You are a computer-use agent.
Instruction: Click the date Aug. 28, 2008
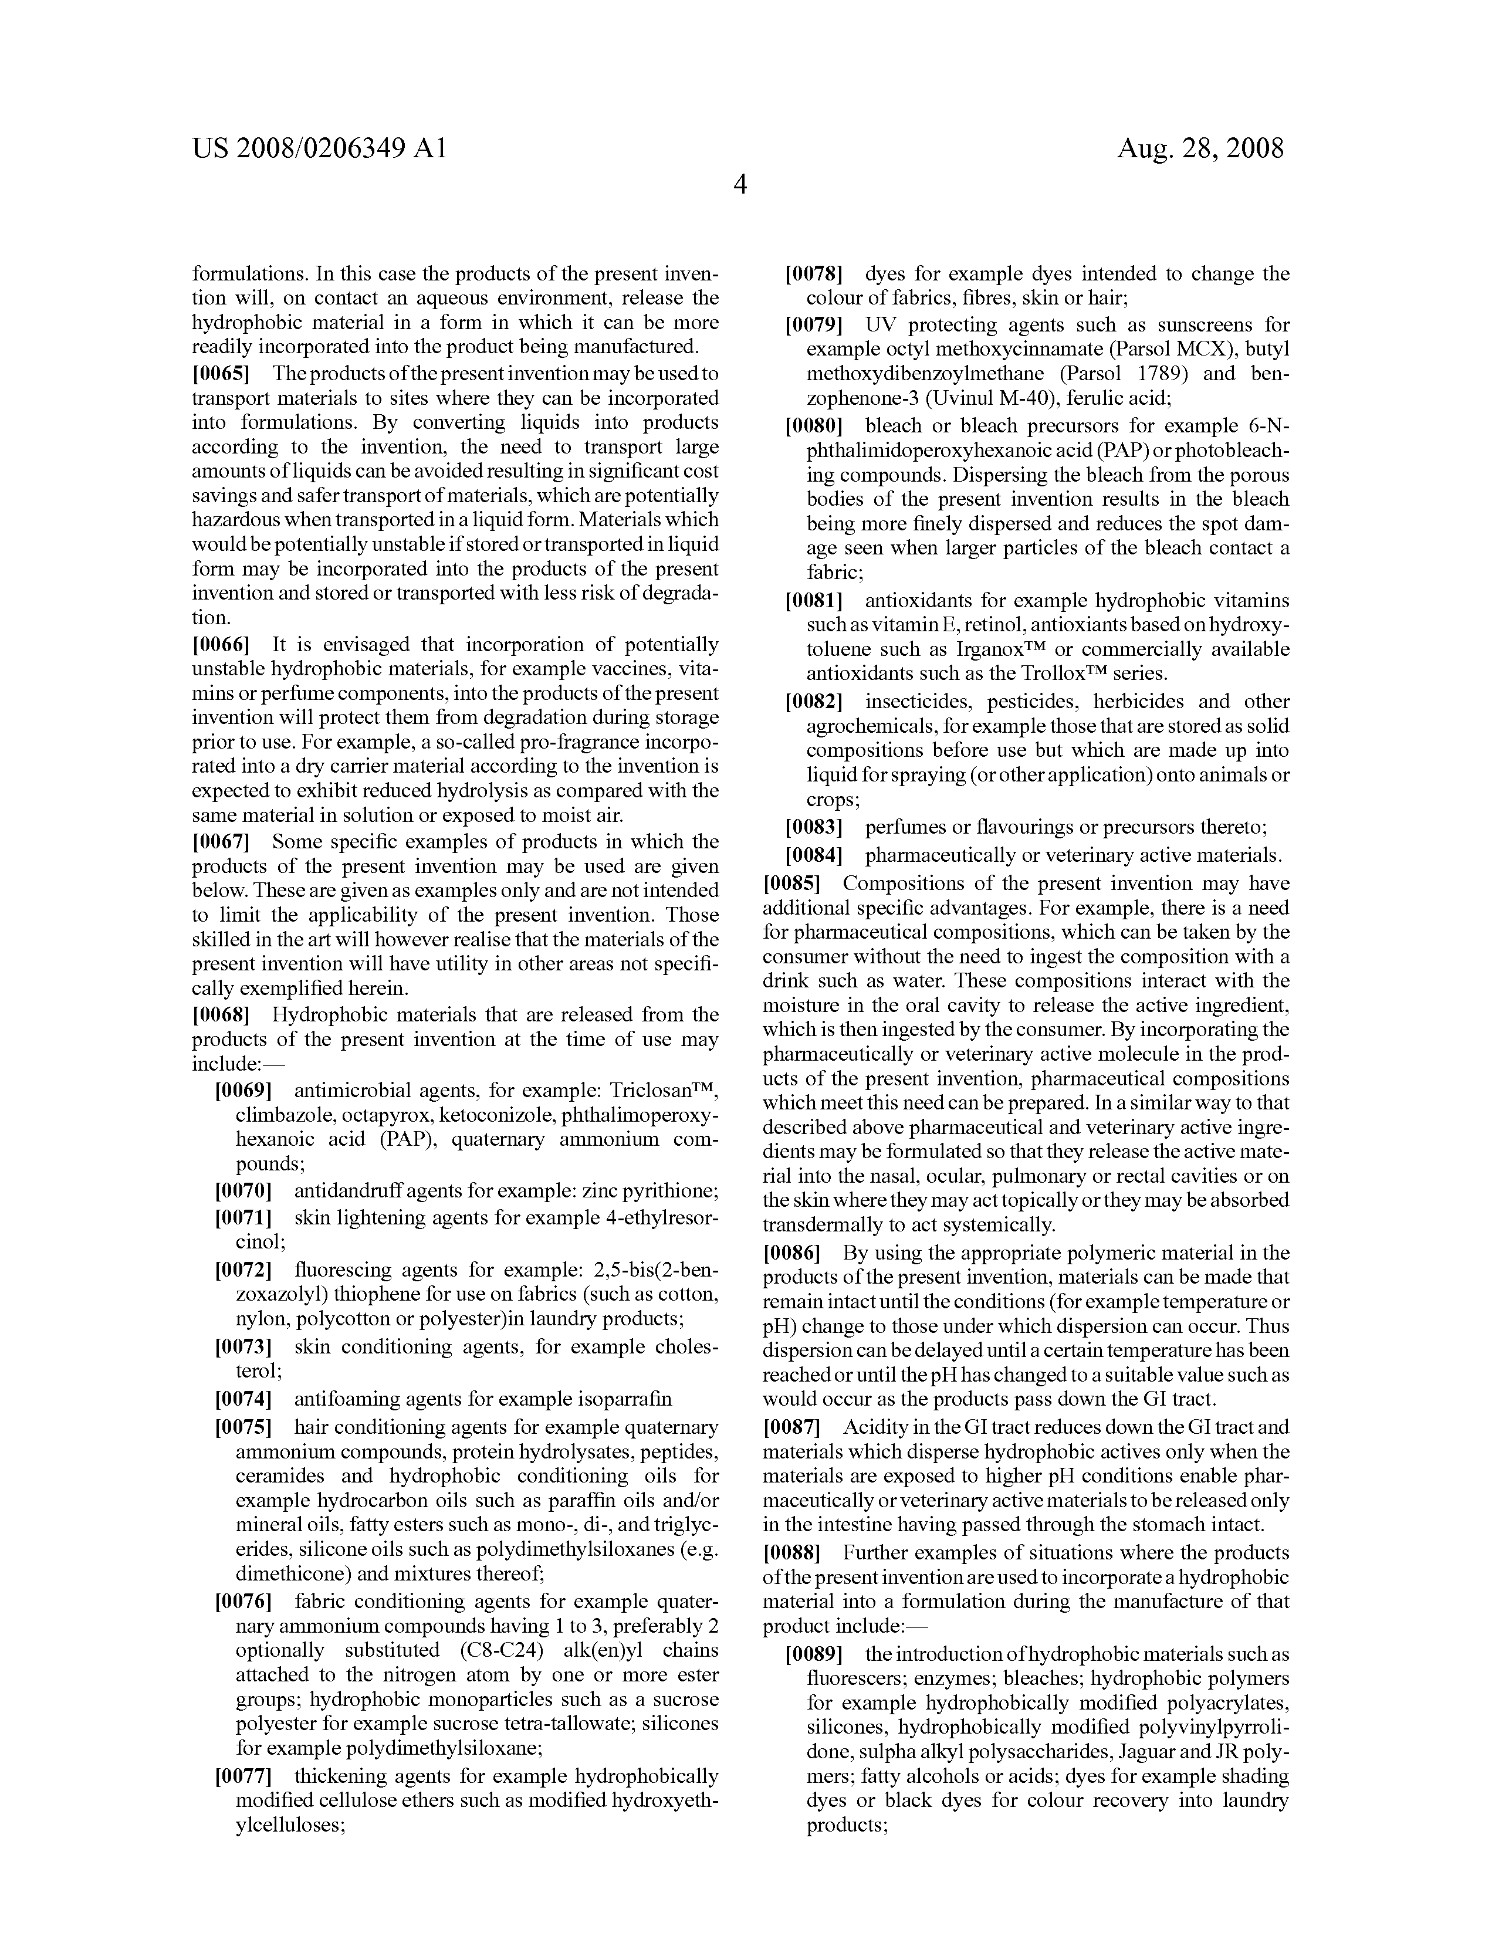click(x=1200, y=148)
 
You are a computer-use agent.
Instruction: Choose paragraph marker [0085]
click(x=792, y=884)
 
